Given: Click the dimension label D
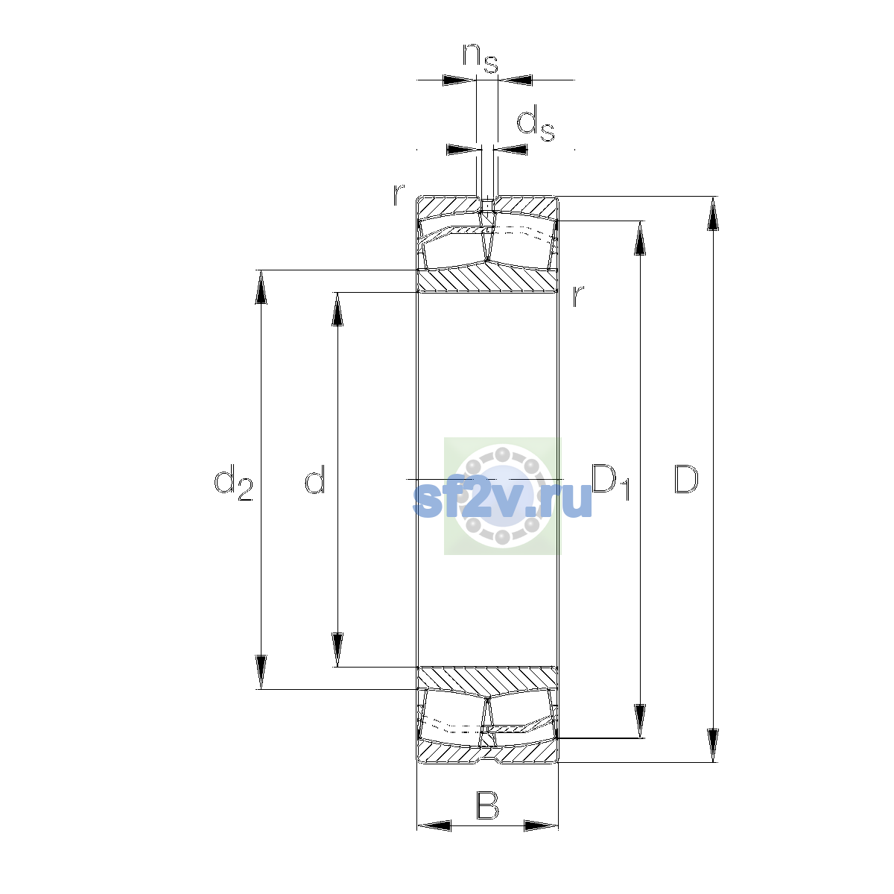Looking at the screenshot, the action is coord(685,479).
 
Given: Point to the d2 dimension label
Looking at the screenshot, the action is coord(233,483).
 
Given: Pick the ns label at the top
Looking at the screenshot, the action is coord(481,58).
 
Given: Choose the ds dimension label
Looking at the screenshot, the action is coord(536,124).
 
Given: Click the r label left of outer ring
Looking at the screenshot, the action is coord(399,195).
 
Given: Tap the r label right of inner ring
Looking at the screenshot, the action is coord(577,296).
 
